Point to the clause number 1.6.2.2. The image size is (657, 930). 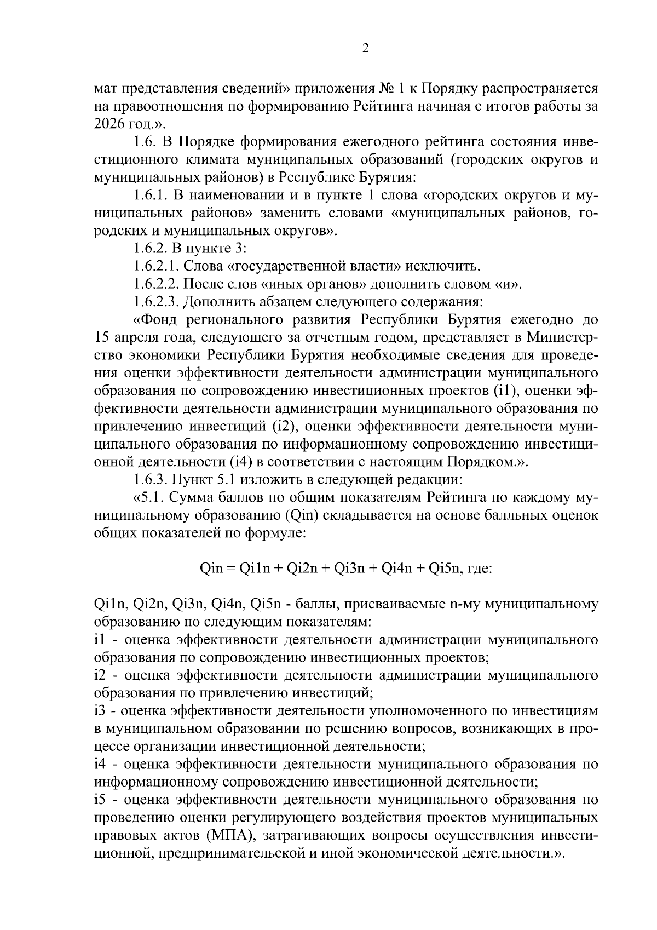coord(157,284)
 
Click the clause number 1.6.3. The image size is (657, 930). coord(149,480)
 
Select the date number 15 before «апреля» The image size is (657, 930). coord(102,337)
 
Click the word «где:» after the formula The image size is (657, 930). coord(479,569)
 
